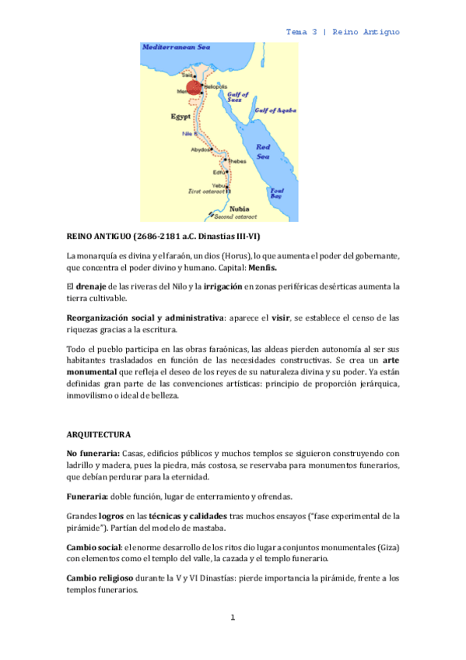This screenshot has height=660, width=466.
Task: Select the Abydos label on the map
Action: tap(201, 149)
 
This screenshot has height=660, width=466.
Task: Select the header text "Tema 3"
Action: tap(302, 32)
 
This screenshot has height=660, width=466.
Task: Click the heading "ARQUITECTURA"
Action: tap(99, 434)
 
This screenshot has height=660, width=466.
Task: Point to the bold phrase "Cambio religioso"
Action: tap(103, 578)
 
